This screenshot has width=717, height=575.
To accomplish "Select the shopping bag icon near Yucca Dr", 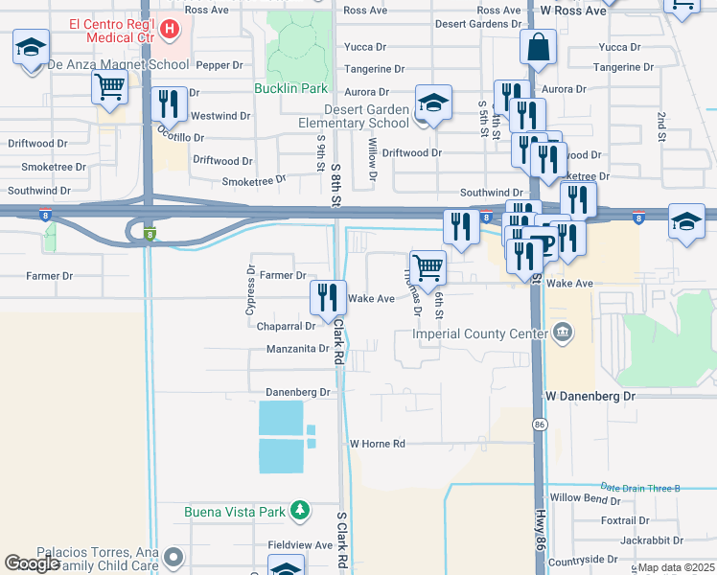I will pos(539,46).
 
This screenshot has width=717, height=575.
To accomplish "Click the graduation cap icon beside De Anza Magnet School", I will pos(31,46).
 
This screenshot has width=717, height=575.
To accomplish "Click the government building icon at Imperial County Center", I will pos(563,333).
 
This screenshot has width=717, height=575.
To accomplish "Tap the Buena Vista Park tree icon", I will pos(300,511).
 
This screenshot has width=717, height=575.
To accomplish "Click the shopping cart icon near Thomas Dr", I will pos(428,267).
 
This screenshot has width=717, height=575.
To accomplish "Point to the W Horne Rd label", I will pos(378,444).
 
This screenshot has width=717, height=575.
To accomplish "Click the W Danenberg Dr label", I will pos(590,396).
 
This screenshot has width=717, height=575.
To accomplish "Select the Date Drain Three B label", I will pos(639,488).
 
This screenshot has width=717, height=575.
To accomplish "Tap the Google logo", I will pos(32,563).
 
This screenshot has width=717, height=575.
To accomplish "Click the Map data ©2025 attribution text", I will pos(676,567).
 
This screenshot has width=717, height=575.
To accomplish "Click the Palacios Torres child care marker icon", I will pos(173,556).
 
